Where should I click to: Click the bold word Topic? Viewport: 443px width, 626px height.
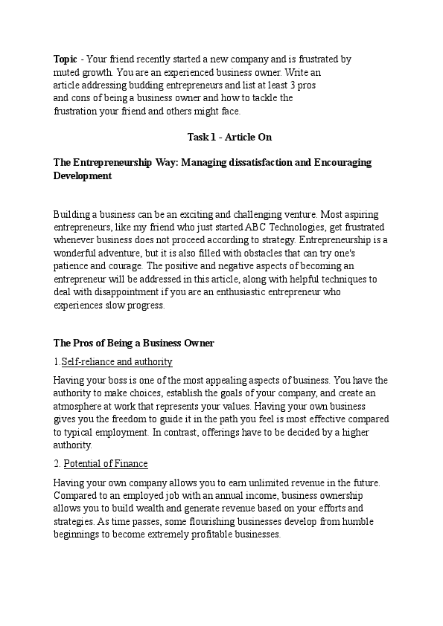pos(65,58)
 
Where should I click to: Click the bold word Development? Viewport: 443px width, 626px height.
pos(83,176)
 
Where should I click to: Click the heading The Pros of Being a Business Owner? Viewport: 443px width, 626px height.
pos(134,343)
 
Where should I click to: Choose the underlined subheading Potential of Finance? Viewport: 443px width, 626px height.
pos(106,463)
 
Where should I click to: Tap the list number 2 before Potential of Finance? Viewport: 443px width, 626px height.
pos(57,463)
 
